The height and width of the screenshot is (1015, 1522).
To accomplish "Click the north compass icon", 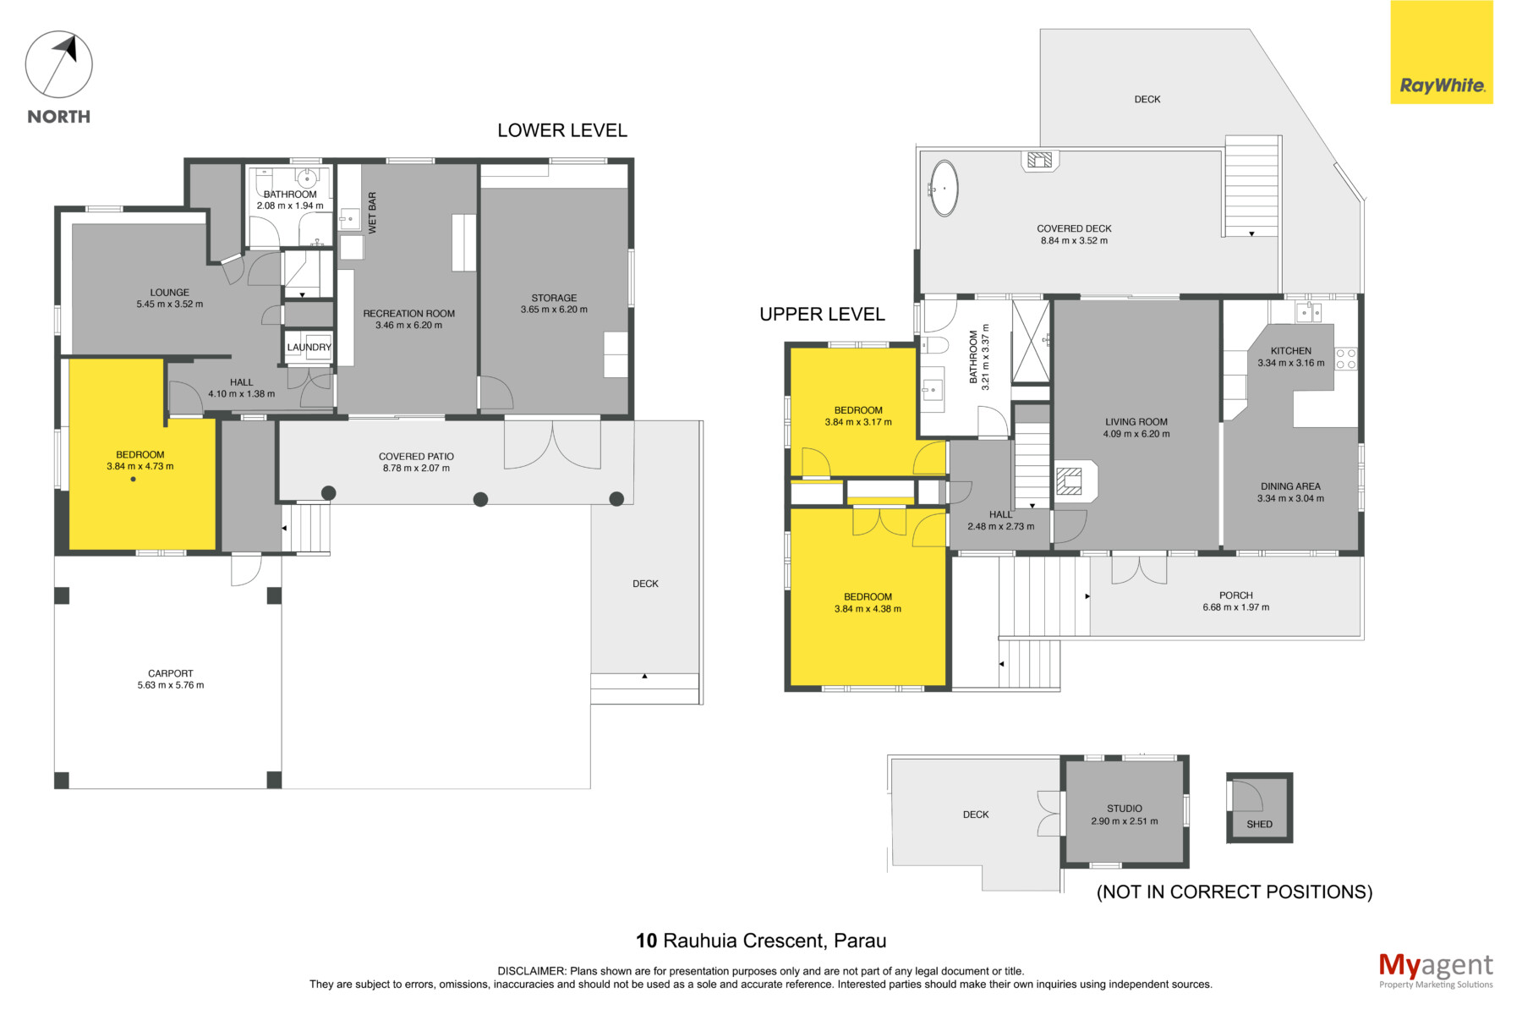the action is [x=58, y=64].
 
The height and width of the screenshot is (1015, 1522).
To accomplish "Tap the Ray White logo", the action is [x=1442, y=52].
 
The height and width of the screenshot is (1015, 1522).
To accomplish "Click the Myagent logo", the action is [x=1436, y=970].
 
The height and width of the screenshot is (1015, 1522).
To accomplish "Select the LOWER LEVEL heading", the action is [x=562, y=130].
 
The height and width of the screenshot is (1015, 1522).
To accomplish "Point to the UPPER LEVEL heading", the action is [x=822, y=314].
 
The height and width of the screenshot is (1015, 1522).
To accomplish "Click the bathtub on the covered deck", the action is [x=944, y=189].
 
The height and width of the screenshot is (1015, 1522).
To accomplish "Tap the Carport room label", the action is [x=171, y=674].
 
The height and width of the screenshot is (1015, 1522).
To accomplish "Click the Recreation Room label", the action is [x=409, y=314].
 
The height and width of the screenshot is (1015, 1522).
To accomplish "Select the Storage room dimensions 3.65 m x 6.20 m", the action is [x=554, y=310].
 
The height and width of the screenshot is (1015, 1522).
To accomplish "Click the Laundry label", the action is [x=309, y=348].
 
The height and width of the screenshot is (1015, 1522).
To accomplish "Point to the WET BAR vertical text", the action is [x=372, y=213].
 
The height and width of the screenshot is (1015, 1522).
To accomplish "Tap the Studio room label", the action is [x=1125, y=809].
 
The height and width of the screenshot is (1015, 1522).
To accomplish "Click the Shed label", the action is [x=1259, y=824].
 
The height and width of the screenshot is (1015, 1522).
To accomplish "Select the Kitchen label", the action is [x=1291, y=351].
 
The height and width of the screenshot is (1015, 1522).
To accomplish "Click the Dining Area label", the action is [x=1290, y=486].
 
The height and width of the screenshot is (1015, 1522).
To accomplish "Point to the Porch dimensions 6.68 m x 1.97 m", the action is [x=1236, y=607].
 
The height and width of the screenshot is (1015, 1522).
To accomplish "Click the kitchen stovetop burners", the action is [x=1346, y=359].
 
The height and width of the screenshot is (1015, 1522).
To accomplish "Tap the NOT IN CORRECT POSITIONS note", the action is [x=1235, y=892].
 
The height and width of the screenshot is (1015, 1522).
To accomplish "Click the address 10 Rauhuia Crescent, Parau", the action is [x=761, y=941].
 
